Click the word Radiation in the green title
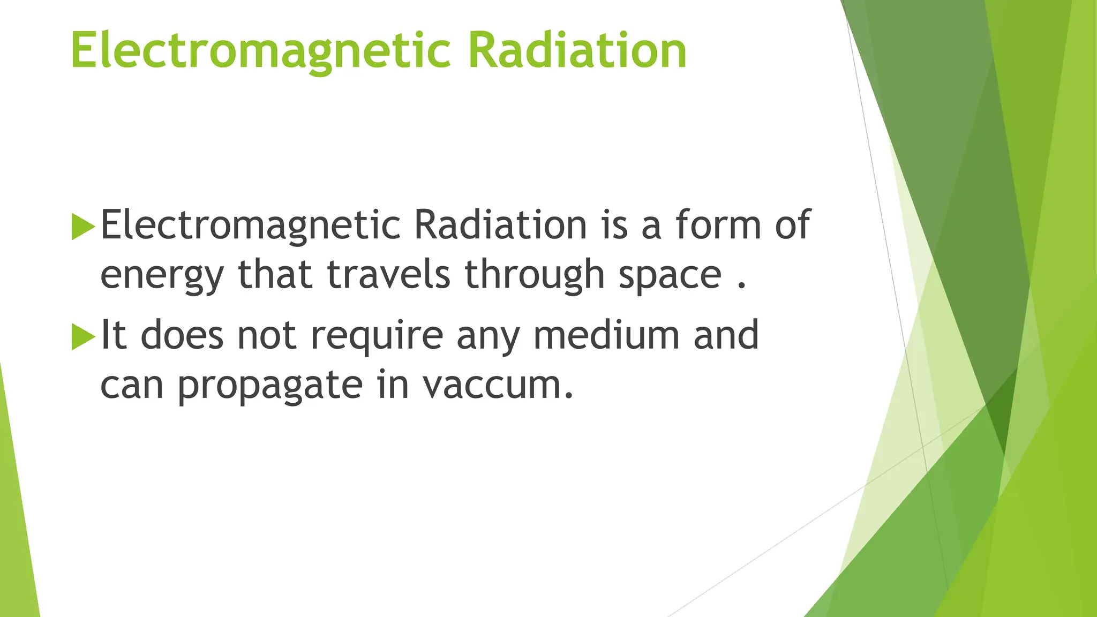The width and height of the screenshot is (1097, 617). tap(577, 51)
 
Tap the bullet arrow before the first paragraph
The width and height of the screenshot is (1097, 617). tap(82, 227)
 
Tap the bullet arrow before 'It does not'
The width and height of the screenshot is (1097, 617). tap(82, 337)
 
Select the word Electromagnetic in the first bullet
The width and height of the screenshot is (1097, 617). tap(250, 225)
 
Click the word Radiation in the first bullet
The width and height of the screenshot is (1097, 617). tap(500, 225)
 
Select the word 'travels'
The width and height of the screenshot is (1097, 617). tap(388, 274)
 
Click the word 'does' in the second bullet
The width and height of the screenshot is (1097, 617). tap(182, 335)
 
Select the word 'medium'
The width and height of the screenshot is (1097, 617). tap(606, 335)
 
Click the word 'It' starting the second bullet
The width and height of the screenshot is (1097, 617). tap(113, 335)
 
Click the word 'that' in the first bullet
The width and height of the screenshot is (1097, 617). tap(275, 274)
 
